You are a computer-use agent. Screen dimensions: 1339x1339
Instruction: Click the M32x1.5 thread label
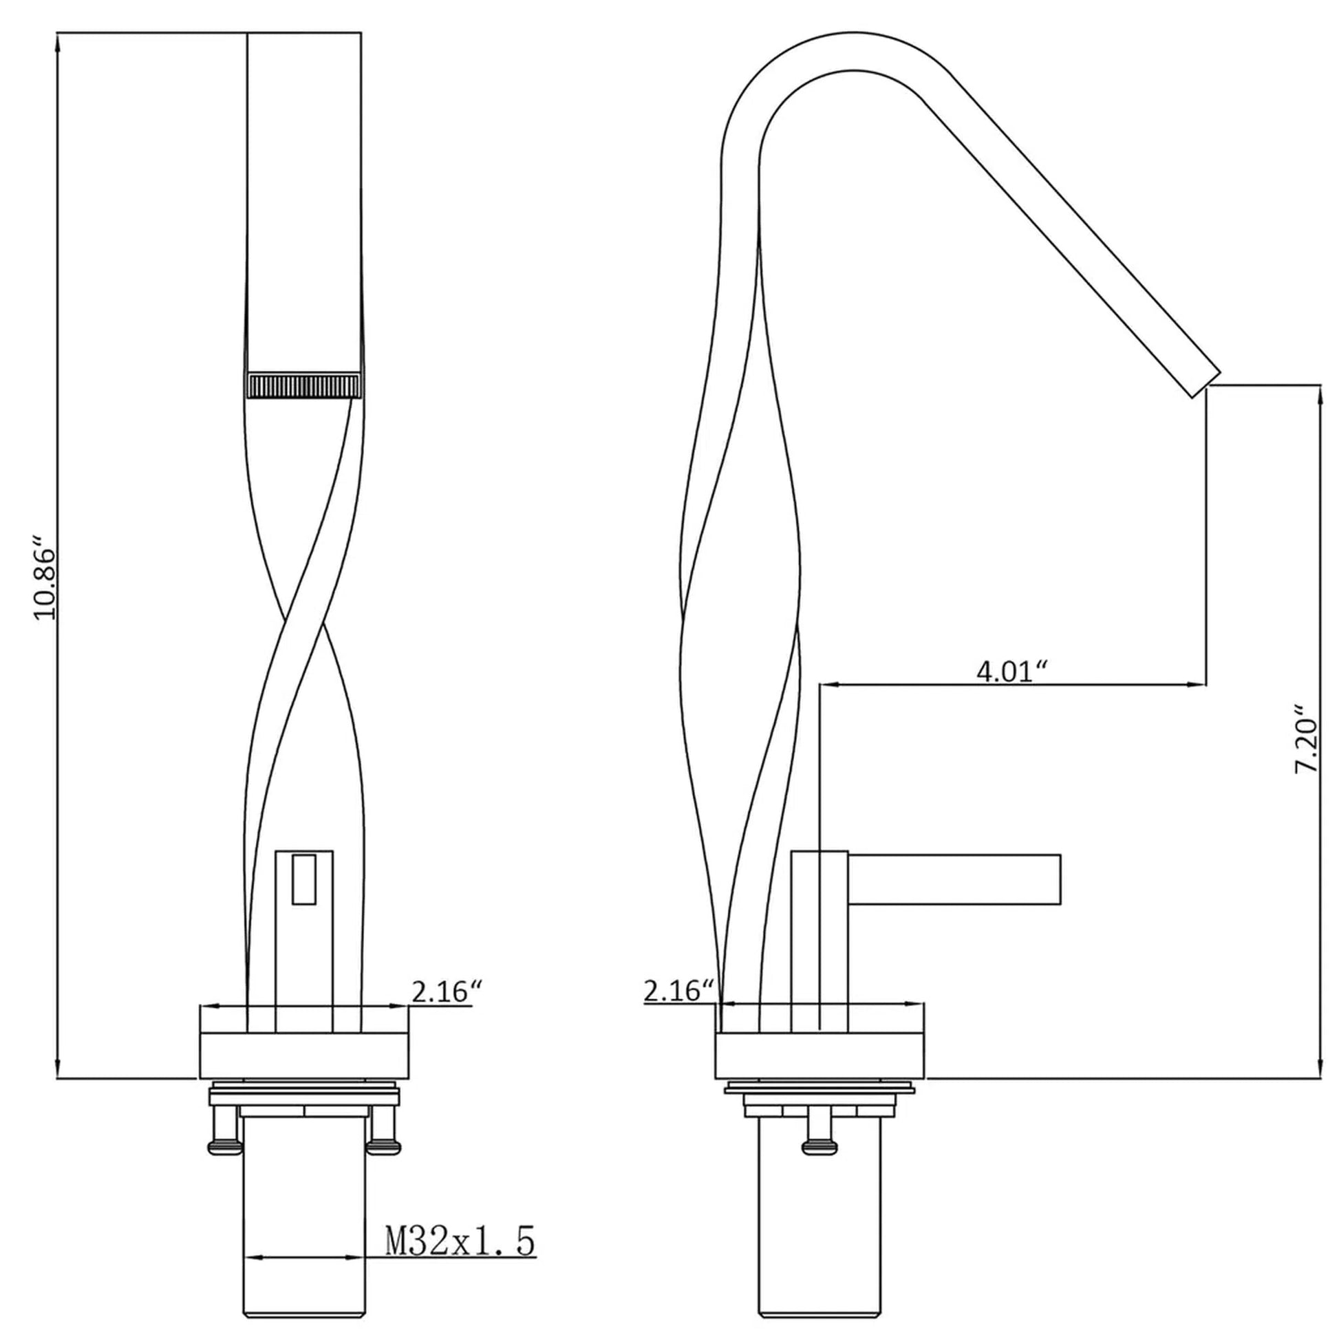[460, 1203]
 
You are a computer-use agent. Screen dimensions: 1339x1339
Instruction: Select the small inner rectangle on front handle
[303, 879]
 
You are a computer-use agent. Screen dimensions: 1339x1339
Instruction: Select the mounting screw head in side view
[819, 1148]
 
